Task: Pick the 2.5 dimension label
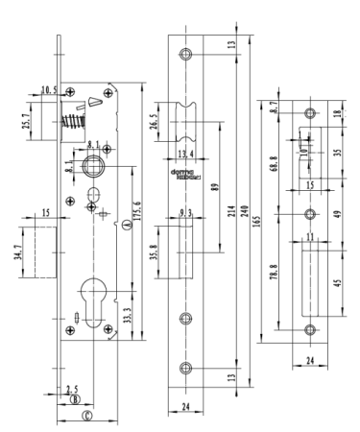[x=72, y=390]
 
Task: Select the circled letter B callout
[x=74, y=400]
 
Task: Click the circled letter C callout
[x=86, y=416]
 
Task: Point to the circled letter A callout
[x=126, y=227]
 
